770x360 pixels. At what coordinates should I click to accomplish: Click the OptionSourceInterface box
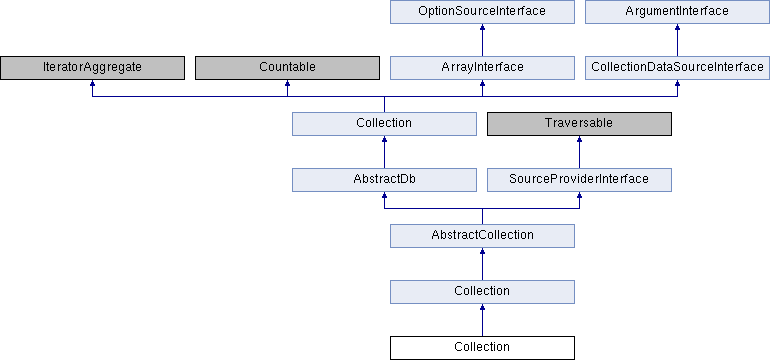pyautogui.click(x=482, y=11)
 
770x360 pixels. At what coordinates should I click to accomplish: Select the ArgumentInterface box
pyautogui.click(x=677, y=11)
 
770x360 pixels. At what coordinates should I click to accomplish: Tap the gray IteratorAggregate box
pyautogui.click(x=92, y=67)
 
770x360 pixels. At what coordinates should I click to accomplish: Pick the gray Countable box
pyautogui.click(x=287, y=67)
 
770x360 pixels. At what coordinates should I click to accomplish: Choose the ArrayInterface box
pyautogui.click(x=482, y=67)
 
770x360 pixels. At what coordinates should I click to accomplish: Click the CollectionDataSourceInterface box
pyautogui.click(x=677, y=67)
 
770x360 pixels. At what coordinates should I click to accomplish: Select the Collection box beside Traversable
pyautogui.click(x=384, y=123)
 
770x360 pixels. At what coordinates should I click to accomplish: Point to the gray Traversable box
pyautogui.click(x=579, y=123)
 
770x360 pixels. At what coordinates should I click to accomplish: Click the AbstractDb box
pyautogui.click(x=384, y=179)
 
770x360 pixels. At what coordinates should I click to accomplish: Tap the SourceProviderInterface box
pyautogui.click(x=579, y=179)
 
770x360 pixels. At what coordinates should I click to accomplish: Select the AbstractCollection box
pyautogui.click(x=482, y=235)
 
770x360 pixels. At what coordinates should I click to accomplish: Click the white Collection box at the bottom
pyautogui.click(x=482, y=347)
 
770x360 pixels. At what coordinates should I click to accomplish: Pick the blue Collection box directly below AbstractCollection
pyautogui.click(x=482, y=291)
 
